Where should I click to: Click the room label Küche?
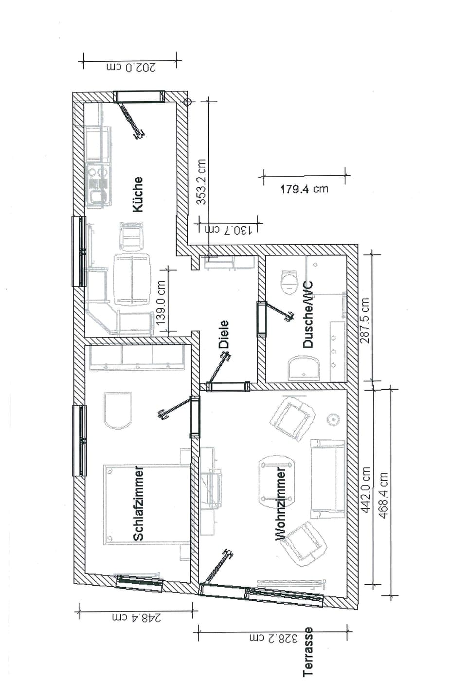(x=138, y=194)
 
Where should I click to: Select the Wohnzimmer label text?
(x=281, y=504)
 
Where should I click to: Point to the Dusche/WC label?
(x=308, y=315)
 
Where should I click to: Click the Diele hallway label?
(x=223, y=334)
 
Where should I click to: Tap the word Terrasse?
(x=308, y=651)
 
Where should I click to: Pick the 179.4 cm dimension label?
(x=304, y=189)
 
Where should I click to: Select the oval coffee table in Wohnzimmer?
(x=277, y=479)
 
